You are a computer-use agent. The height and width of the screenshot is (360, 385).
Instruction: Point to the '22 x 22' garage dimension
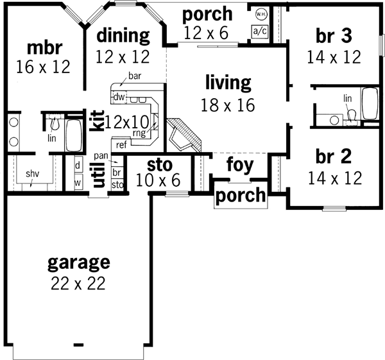pyautogui.click(x=79, y=282)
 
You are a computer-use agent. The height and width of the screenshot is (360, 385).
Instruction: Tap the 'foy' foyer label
pyautogui.click(x=239, y=166)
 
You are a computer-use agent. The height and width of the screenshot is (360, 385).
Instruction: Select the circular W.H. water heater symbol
pyautogui.click(x=261, y=13)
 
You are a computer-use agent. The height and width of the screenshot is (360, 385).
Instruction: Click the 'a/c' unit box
pyautogui.click(x=260, y=31)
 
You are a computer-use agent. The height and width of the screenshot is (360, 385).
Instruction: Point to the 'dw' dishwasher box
pyautogui.click(x=119, y=97)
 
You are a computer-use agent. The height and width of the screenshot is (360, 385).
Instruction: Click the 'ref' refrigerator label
pyautogui.click(x=121, y=144)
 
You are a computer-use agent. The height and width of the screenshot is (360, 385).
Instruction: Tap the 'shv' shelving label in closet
pyautogui.click(x=31, y=174)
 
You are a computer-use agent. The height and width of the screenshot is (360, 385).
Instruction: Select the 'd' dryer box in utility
pyautogui.click(x=78, y=164)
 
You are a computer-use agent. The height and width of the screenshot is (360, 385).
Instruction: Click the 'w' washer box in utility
pyautogui.click(x=78, y=182)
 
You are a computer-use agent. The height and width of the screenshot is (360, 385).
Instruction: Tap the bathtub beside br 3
pyautogui.click(x=370, y=103)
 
